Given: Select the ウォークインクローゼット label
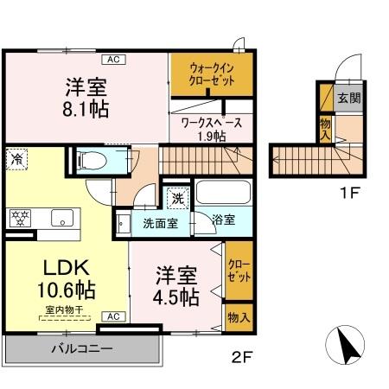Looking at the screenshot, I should click(211, 75).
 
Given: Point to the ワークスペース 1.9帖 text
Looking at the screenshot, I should click(216, 129).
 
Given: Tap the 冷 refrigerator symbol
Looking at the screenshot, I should click(16, 158).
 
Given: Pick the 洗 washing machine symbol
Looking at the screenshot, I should click(176, 197).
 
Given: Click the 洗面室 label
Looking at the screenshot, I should click(160, 220).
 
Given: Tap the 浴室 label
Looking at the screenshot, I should click(224, 220).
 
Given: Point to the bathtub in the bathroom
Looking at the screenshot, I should click(222, 192).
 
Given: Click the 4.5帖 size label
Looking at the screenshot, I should click(177, 297).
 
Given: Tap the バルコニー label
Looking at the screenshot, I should click(83, 349).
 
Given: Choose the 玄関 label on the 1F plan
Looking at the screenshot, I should click(348, 97).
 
